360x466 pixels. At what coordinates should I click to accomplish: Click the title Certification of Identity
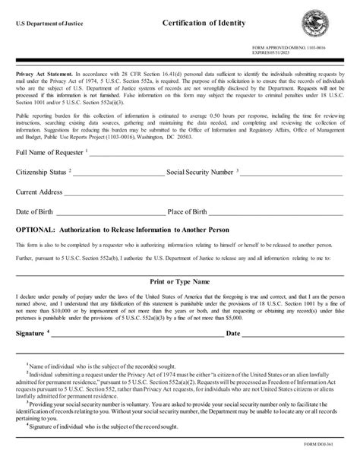(x=204, y=24)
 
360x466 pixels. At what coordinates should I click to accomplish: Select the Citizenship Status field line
(x=117, y=196)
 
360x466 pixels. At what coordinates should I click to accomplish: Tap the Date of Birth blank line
(x=106, y=233)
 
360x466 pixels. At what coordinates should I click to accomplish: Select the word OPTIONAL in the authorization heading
(x=35, y=250)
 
